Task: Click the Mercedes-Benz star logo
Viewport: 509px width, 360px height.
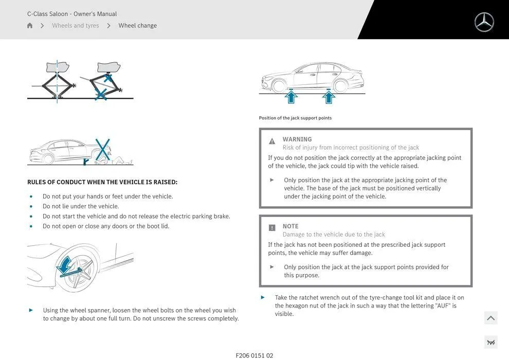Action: point(484,22)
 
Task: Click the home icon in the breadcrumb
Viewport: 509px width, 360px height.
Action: point(30,26)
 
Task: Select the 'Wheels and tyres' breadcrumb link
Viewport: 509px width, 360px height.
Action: point(76,26)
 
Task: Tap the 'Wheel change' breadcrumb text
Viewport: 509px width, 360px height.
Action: point(137,26)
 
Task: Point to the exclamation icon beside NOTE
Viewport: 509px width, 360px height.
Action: point(272,228)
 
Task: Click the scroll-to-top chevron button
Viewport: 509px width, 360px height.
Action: point(490,318)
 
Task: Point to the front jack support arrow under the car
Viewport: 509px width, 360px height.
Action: point(291,96)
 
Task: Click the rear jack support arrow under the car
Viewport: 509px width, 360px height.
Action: point(328,96)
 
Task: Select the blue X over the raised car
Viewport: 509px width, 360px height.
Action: point(103,149)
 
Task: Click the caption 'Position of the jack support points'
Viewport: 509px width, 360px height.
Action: point(295,118)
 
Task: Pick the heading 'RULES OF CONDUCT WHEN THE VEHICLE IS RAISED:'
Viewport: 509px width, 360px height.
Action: point(102,182)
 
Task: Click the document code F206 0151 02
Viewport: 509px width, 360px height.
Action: point(254,355)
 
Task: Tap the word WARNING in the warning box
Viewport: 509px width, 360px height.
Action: point(297,139)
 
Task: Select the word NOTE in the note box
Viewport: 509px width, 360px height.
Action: point(290,226)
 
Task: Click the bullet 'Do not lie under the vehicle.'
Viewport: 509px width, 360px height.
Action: point(80,206)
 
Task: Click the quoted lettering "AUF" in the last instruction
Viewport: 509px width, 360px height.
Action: point(443,306)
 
